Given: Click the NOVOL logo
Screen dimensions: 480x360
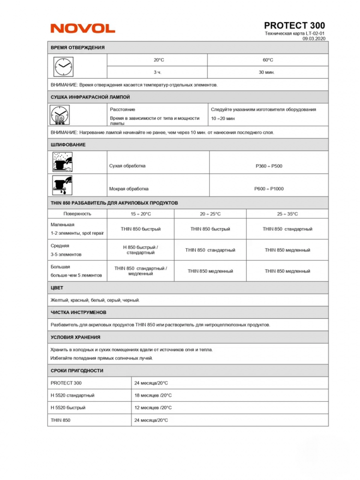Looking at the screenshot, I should (x=83, y=28).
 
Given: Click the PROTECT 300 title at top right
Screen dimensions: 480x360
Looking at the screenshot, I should (x=294, y=25).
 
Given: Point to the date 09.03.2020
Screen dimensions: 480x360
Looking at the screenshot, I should (x=314, y=38).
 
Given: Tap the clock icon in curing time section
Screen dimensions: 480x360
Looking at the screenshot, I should (x=63, y=66).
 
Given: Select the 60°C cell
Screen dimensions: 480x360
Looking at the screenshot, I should (x=267, y=60).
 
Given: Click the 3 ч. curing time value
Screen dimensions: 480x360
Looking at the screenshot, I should (x=157, y=72).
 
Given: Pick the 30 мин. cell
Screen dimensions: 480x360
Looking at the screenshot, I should (x=267, y=72).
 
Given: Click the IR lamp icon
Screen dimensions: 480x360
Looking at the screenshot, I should (x=60, y=115).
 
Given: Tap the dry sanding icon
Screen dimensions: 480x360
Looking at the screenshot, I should (x=62, y=162).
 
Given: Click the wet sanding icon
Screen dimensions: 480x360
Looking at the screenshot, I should (x=62, y=185).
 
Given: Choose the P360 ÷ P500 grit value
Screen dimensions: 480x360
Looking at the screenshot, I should (x=269, y=166).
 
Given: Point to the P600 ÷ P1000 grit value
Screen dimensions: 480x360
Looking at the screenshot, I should (x=269, y=189).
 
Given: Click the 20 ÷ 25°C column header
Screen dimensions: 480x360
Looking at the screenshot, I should (x=210, y=214).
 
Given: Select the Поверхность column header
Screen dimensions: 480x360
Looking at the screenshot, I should (x=77, y=214).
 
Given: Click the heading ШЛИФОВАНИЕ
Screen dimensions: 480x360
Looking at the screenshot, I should (x=68, y=145).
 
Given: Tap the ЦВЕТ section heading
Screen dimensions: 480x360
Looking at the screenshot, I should (x=57, y=288).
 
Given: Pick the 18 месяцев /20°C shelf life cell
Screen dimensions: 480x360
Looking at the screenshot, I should (x=153, y=396).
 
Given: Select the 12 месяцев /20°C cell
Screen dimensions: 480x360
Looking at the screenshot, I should (x=153, y=408).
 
